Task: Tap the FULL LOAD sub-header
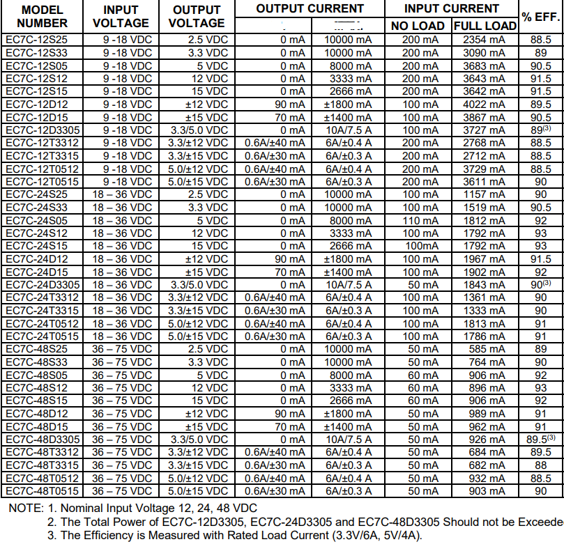485,26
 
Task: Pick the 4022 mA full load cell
485,104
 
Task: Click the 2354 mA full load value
485,40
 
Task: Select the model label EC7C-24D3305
43,285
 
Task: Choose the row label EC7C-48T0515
42,491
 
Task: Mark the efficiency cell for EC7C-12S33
540,53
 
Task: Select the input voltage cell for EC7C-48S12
121,388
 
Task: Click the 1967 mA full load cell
485,259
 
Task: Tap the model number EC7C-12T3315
42,156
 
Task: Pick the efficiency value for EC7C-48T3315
540,465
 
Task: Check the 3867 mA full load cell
485,117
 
